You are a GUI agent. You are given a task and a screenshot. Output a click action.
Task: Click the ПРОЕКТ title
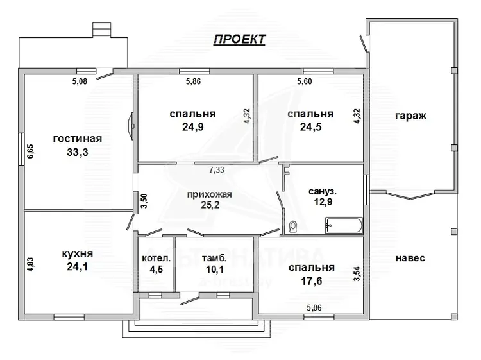tap(240, 39)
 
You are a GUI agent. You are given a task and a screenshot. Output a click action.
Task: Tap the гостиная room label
tap(78, 139)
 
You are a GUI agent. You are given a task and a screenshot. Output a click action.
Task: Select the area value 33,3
tap(78, 152)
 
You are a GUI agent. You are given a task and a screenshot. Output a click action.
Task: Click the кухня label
tap(78, 254)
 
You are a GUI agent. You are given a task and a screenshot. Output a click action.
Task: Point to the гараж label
tap(410, 116)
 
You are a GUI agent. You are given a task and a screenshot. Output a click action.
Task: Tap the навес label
tap(410, 258)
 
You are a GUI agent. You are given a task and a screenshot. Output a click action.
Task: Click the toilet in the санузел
tap(293, 227)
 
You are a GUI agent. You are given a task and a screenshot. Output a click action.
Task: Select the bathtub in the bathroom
tap(344, 225)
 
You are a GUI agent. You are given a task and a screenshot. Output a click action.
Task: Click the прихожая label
tap(210, 194)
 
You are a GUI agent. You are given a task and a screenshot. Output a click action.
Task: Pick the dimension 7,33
tap(217, 169)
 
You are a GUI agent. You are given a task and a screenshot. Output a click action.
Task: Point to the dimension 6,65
tap(31, 151)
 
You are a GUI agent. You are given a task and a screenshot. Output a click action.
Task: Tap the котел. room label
tap(156, 258)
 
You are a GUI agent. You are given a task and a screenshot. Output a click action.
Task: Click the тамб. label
tap(214, 258)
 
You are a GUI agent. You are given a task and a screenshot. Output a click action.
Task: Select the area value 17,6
tap(311, 281)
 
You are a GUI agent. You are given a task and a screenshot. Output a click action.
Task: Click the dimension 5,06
tap(314, 307)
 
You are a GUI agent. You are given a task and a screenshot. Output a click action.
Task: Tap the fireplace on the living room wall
tap(131, 126)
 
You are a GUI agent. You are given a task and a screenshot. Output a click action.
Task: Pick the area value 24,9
tap(192, 127)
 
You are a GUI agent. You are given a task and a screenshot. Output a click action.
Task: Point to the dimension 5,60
tap(304, 81)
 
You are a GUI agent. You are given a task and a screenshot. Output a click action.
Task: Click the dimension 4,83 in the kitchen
tap(31, 264)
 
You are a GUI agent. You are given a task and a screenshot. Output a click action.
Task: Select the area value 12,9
tap(323, 202)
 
